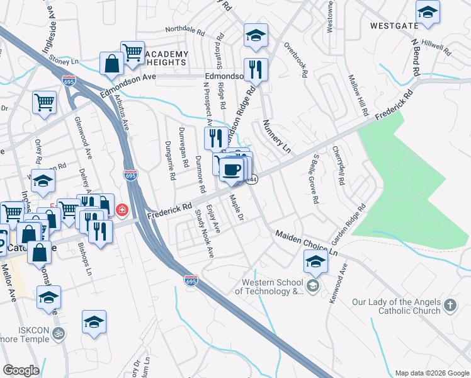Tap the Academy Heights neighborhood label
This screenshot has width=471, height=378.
pyautogui.click(x=166, y=59)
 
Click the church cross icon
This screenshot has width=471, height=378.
pyautogui.click(x=450, y=306)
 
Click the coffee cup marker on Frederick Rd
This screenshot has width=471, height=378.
pyautogui.click(x=232, y=168)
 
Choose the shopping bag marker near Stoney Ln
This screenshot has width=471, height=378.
pyautogui.click(x=111, y=63)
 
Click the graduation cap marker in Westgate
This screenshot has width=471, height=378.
pyautogui.click(x=428, y=11)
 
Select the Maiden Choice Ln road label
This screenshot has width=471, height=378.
pyautogui.click(x=307, y=243)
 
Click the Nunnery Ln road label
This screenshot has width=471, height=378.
pyautogui.click(x=276, y=137)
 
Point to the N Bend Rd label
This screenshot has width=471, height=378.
pyautogui.click(x=415, y=57)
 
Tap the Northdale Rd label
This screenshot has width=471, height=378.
pyautogui.click(x=185, y=30)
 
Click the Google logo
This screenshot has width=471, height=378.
pyautogui.click(x=21, y=370)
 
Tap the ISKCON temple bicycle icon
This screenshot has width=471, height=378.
pyautogui.click(x=59, y=333)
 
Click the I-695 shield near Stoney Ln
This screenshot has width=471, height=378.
pyautogui.click(x=69, y=81)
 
